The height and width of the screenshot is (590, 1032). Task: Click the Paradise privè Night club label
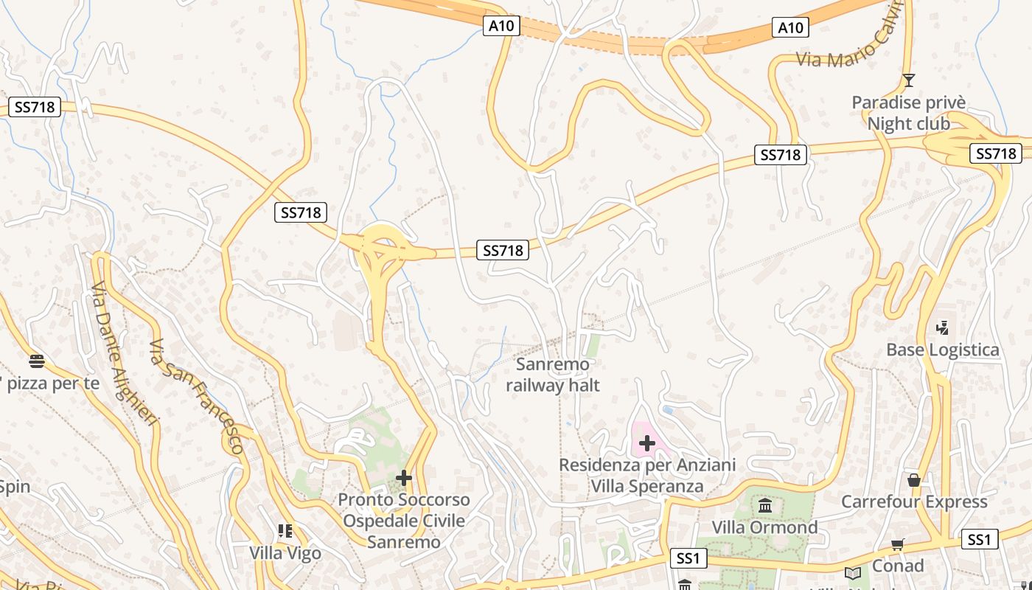[908, 113]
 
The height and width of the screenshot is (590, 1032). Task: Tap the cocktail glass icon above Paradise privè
[908, 80]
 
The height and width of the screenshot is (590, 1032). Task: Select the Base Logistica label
[943, 350]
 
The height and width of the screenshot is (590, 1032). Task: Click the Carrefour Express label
[914, 502]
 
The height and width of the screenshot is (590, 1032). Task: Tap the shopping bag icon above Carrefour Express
[914, 480]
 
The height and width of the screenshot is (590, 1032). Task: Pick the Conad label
[898, 566]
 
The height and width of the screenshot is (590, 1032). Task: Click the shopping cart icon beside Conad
[897, 545]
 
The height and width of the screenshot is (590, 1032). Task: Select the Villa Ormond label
[764, 527]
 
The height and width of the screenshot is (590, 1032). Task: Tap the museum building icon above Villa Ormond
[765, 506]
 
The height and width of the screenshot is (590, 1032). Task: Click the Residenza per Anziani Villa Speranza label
[647, 476]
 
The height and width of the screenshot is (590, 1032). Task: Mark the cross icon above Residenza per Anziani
[646, 442]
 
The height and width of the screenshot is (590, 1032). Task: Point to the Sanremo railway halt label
[553, 375]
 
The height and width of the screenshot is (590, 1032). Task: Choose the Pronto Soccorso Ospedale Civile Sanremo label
[405, 521]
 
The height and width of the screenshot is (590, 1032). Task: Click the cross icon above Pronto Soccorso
[403, 478]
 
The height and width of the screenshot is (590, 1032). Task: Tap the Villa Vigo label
[285, 552]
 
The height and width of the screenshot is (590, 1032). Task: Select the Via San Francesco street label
[196, 396]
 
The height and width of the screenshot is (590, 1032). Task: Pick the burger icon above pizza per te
[37, 361]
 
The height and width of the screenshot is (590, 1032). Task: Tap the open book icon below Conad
[853, 573]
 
